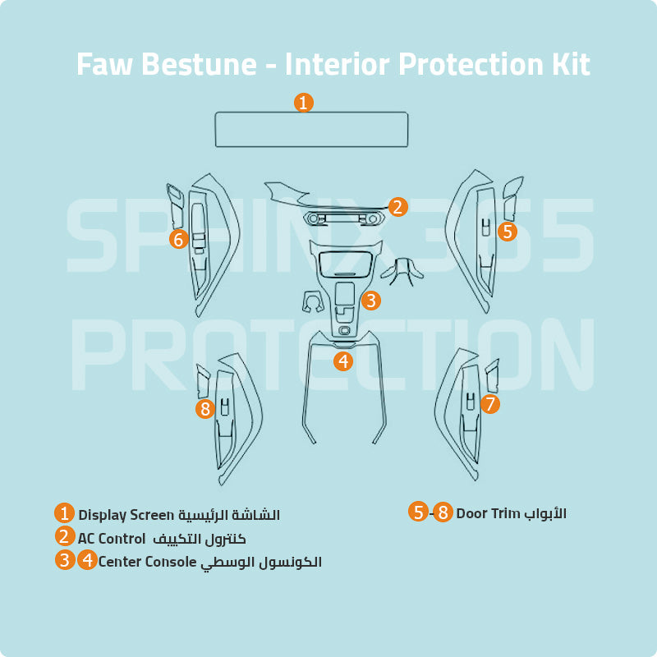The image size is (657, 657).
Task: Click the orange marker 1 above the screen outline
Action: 304,103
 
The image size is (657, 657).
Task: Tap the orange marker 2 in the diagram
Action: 397,207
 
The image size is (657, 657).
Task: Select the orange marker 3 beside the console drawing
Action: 371,301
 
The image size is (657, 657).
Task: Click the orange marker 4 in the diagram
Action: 343,361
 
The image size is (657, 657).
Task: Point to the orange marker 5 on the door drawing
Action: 508,232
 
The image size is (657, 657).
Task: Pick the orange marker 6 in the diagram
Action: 179,239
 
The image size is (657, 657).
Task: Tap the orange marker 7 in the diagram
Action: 490,404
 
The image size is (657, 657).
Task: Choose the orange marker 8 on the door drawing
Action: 205,408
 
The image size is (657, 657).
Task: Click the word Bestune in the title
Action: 200,64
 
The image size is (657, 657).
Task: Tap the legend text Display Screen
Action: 126,515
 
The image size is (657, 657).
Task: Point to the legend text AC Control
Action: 112,539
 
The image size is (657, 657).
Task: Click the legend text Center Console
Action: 147,563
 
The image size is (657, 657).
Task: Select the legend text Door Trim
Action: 488,513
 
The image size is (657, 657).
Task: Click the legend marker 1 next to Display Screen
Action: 65,514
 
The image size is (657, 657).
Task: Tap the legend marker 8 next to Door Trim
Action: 443,513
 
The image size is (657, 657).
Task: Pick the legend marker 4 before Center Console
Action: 87,562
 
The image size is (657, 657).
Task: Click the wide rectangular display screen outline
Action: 311,130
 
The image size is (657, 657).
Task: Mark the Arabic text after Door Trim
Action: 544,513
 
